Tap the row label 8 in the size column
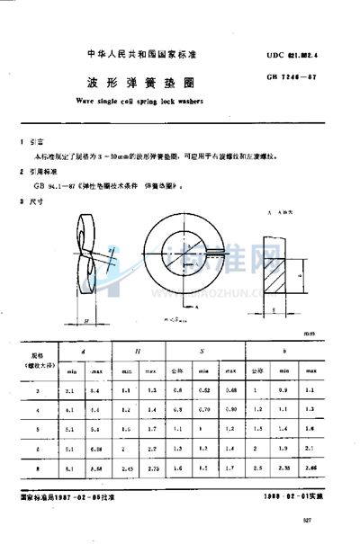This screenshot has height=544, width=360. [x=37, y=468]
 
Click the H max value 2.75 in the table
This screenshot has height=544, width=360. [x=152, y=468]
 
